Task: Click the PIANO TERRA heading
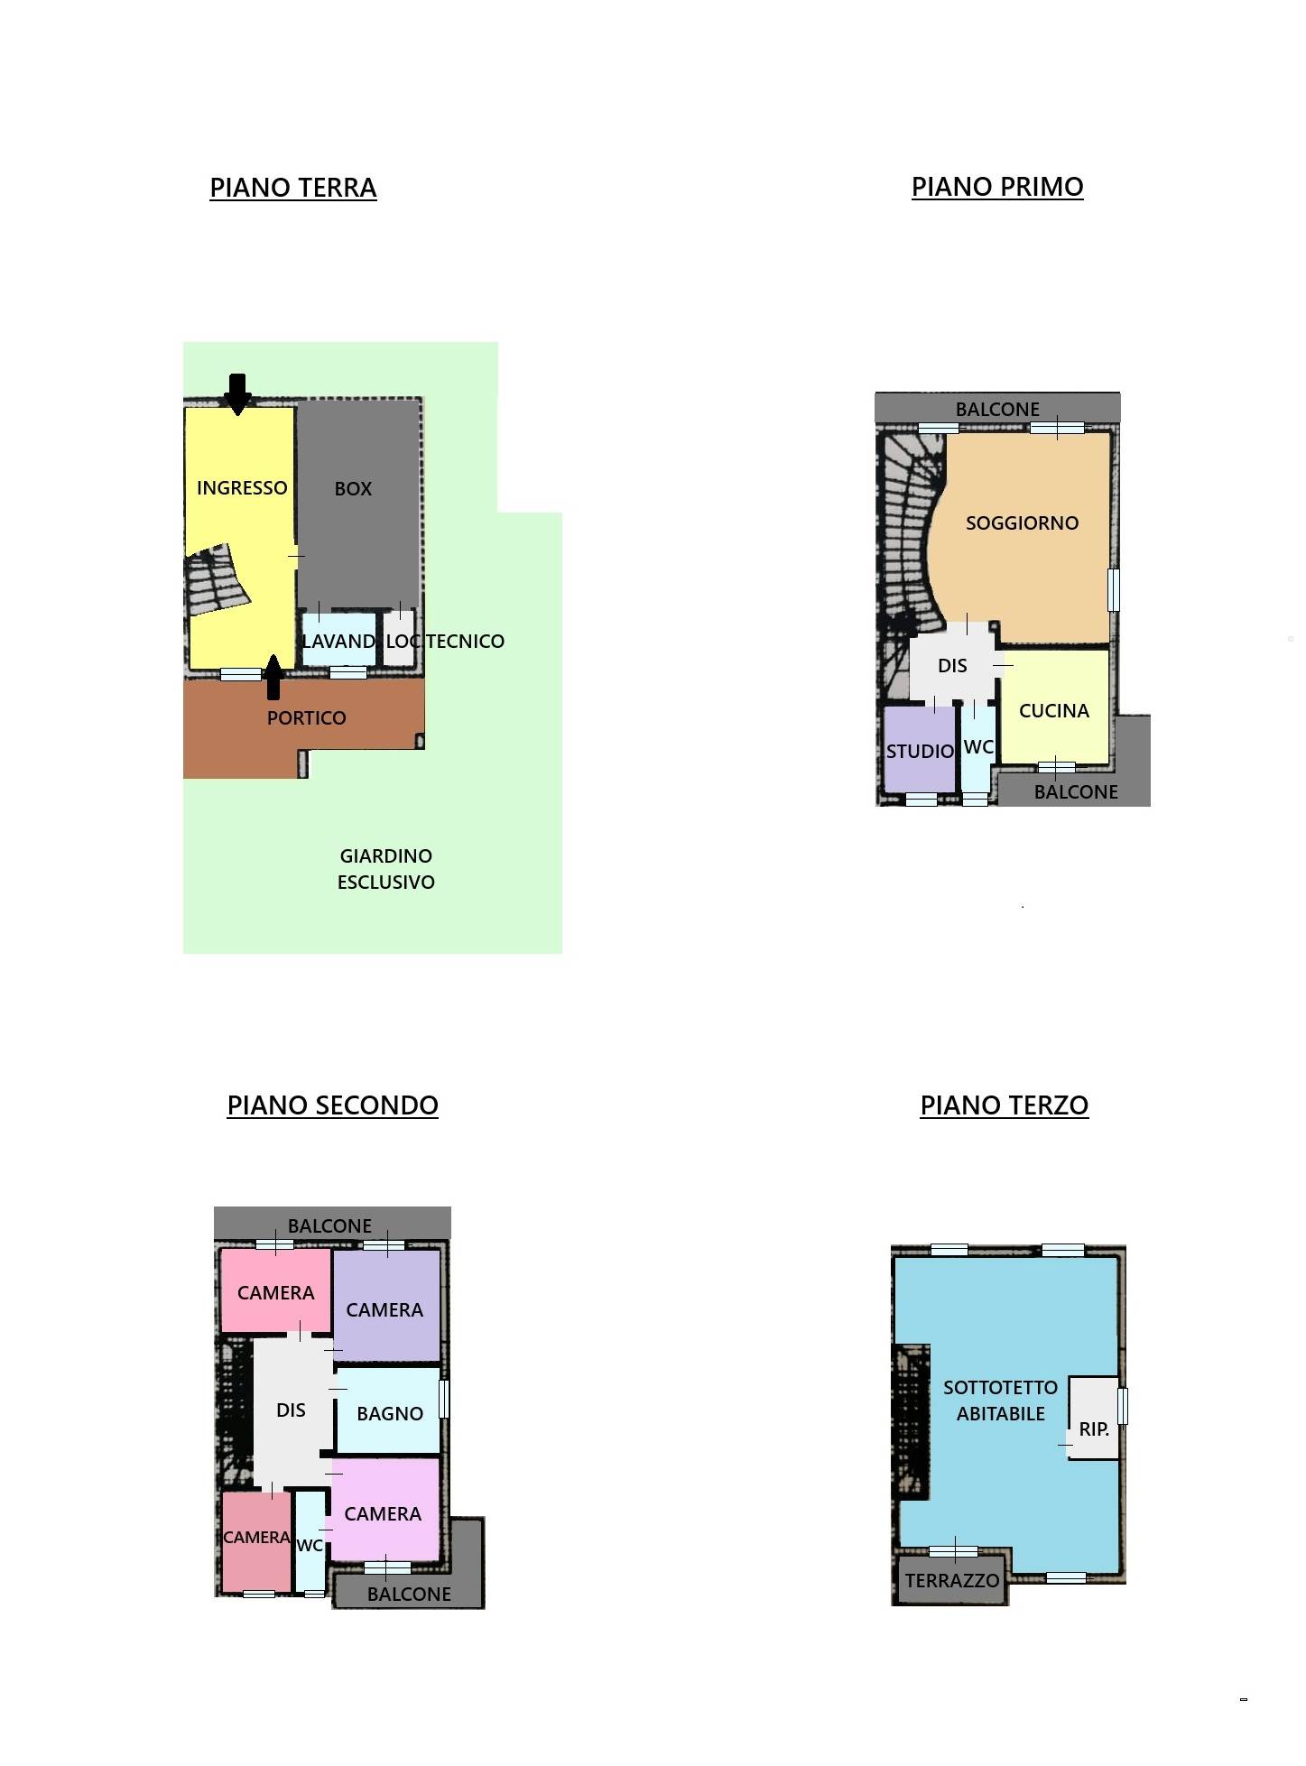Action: (x=292, y=188)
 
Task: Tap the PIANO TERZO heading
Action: (x=1004, y=1105)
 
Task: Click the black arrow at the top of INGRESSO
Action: (x=237, y=394)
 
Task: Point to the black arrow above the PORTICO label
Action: (x=273, y=677)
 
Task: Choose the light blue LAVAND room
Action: (x=338, y=640)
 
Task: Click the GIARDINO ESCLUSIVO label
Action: (x=386, y=869)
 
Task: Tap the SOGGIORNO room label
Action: (x=1022, y=523)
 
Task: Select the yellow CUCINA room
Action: (x=1055, y=707)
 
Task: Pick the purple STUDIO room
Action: (x=919, y=749)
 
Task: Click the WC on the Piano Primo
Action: (x=977, y=748)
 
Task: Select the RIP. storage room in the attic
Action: (x=1093, y=1418)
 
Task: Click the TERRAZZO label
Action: (x=952, y=1581)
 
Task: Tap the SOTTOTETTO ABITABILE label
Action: (x=1000, y=1401)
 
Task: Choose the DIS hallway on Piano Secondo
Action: (x=291, y=1410)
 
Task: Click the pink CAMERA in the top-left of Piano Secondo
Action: (x=276, y=1290)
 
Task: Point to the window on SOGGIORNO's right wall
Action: (x=1114, y=589)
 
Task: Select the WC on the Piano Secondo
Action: (x=310, y=1544)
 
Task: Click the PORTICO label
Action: (x=307, y=718)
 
